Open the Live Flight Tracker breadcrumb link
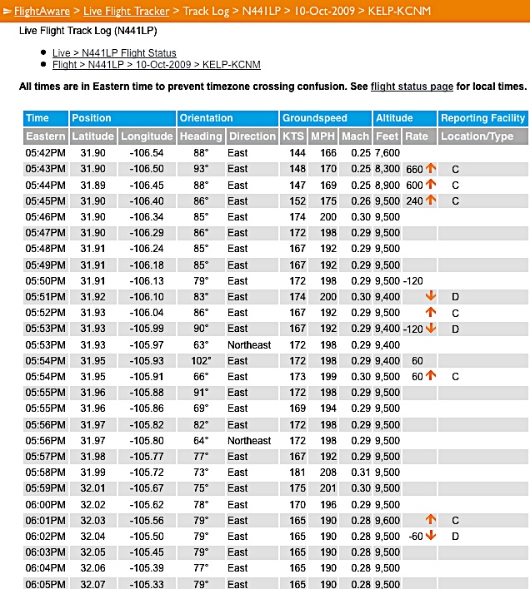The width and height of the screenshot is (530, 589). point(126,12)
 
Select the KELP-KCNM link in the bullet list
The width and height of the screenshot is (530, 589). point(231,65)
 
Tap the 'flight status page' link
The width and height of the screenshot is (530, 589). point(412,87)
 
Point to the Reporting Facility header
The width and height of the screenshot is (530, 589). point(482,118)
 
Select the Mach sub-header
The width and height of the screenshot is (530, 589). point(354,136)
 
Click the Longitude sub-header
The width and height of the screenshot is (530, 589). point(147,136)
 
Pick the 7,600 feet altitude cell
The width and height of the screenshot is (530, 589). point(387,153)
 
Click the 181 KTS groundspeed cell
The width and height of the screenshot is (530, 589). point(293,473)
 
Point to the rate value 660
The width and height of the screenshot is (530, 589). point(414,169)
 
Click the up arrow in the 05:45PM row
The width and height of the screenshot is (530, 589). point(431,200)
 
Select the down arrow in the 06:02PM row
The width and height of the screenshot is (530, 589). point(431,536)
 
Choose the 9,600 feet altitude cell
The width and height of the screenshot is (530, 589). point(387,520)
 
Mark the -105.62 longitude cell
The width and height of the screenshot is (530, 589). point(147,504)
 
